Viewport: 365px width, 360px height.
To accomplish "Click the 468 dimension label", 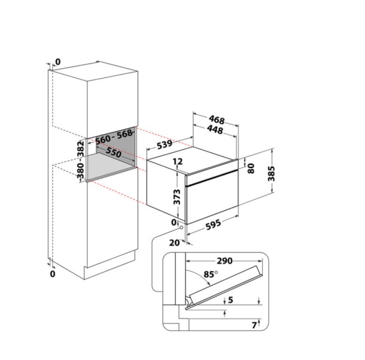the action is coord(216,119).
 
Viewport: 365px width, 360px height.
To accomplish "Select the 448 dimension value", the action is coord(215,130).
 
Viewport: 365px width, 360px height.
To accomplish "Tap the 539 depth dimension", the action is coord(165,145).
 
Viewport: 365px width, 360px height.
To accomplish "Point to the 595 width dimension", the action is coord(213,224).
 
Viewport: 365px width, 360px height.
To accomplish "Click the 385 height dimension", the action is coord(271,173).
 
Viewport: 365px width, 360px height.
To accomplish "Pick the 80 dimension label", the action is coord(251,168).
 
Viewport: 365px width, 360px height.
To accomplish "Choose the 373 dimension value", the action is coord(177,197).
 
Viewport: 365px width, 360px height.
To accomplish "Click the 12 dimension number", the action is coord(178,161).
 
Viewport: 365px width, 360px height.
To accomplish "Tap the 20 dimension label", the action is coord(174,243).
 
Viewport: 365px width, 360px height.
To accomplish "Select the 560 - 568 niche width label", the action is coord(114,137).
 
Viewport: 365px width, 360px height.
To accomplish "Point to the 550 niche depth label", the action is coord(114,152).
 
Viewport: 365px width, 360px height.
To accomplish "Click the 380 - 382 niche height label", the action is coord(81,160).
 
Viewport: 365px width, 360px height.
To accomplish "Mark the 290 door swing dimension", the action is coord(225,261).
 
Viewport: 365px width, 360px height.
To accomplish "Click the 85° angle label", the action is coord(210,274).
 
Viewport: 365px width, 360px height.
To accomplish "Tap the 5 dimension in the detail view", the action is coord(231,299).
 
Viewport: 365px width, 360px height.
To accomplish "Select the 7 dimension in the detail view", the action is coord(255,325).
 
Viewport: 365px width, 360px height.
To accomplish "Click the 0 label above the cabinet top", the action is coord(58,62).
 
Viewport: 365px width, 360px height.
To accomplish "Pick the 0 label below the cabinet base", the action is coord(53,274).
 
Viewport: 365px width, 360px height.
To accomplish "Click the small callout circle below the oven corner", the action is coord(182,227).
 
